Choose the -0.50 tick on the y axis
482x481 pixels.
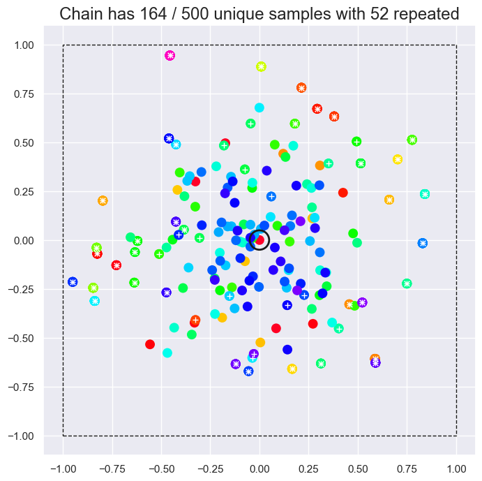(x=24, y=338)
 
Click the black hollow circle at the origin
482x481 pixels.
(x=259, y=240)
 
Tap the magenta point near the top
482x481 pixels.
(x=170, y=55)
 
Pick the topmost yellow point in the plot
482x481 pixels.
(x=262, y=66)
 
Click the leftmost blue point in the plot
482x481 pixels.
(x=73, y=282)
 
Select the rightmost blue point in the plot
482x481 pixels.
(x=423, y=243)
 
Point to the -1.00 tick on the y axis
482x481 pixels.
(x=24, y=436)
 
